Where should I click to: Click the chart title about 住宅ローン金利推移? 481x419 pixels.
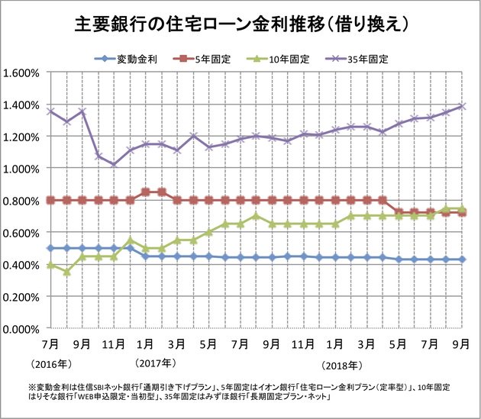[x=240, y=24]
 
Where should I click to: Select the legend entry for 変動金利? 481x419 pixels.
[x=125, y=59]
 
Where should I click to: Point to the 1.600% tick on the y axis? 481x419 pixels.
[x=24, y=73]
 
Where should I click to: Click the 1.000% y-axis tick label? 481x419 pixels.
[x=24, y=169]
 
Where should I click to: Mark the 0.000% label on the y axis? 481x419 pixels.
[x=24, y=329]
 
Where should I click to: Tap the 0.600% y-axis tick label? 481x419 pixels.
[x=24, y=233]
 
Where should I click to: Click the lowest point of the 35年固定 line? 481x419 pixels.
[x=115, y=165]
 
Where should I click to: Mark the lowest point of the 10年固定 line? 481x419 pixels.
[x=66, y=272]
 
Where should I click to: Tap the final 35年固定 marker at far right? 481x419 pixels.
[x=463, y=106]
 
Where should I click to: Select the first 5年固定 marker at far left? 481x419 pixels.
[x=50, y=200]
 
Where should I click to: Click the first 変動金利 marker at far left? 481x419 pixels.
[x=50, y=248]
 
